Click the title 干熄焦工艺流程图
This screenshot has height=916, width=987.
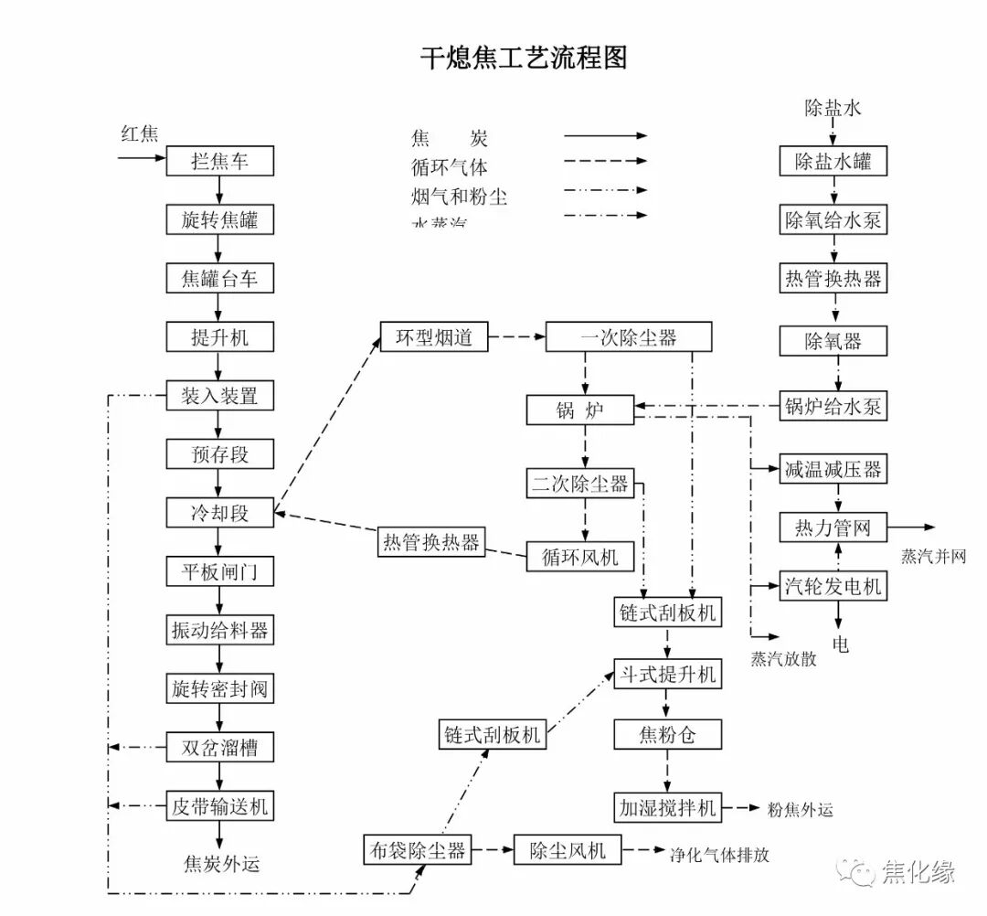click(x=524, y=59)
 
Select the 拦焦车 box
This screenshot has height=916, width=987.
click(x=219, y=162)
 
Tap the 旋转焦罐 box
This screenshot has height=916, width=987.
click(x=219, y=220)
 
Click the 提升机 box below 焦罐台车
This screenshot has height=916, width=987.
click(x=219, y=337)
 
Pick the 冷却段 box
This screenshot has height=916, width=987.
click(x=219, y=513)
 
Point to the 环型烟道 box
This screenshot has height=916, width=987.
click(x=434, y=336)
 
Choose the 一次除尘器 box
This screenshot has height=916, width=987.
click(x=628, y=336)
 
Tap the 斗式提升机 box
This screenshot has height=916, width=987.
click(x=666, y=675)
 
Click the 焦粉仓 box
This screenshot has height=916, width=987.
click(x=666, y=733)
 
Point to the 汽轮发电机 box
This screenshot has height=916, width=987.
click(x=833, y=585)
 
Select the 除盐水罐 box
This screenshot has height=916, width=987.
click(x=833, y=162)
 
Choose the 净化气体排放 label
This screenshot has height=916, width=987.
click(x=719, y=856)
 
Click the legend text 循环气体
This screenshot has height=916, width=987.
click(x=450, y=167)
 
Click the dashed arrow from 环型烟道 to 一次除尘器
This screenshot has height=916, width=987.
click(x=516, y=336)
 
